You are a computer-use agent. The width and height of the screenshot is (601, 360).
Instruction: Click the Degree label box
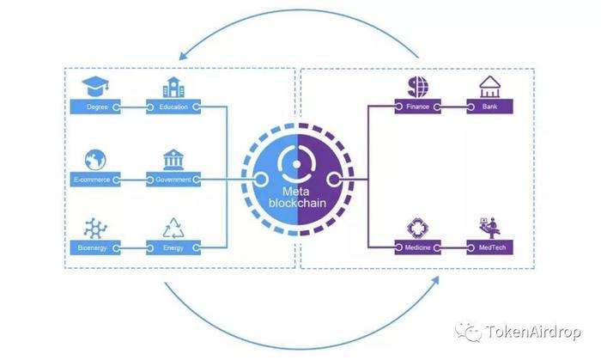tap(95, 107)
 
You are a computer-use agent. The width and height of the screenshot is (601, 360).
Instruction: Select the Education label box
tap(173, 107)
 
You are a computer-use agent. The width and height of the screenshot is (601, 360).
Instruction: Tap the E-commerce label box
tap(95, 180)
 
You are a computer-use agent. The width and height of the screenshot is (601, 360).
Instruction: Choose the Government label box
tap(173, 180)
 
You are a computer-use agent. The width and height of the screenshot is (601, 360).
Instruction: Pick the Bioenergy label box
tap(95, 247)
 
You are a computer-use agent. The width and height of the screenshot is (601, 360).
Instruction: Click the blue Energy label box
tap(173, 247)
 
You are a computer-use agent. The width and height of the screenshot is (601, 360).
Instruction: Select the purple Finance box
tap(418, 107)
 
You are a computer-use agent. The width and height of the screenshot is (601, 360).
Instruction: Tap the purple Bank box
tap(490, 107)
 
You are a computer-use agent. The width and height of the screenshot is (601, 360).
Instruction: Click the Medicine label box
tap(418, 247)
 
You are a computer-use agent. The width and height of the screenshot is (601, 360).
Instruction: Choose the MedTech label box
tap(490, 247)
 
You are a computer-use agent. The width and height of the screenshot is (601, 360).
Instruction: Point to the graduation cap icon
tap(95, 86)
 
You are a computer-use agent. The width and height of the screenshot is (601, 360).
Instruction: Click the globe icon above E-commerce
tap(95, 160)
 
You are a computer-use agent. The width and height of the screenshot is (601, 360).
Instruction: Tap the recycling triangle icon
tap(173, 229)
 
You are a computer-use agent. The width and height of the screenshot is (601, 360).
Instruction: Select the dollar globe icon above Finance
tap(418, 87)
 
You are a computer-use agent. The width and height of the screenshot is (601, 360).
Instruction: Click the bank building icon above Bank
tap(490, 87)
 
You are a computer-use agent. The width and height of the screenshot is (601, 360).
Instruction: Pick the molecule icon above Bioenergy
tap(95, 229)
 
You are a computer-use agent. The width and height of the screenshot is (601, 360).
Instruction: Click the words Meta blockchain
tap(297, 197)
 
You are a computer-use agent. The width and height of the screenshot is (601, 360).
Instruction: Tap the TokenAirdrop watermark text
tap(533, 332)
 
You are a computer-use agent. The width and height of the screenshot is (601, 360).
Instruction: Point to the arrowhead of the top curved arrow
tap(183, 56)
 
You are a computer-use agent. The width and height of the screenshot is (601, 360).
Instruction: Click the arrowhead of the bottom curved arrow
tap(435, 280)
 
